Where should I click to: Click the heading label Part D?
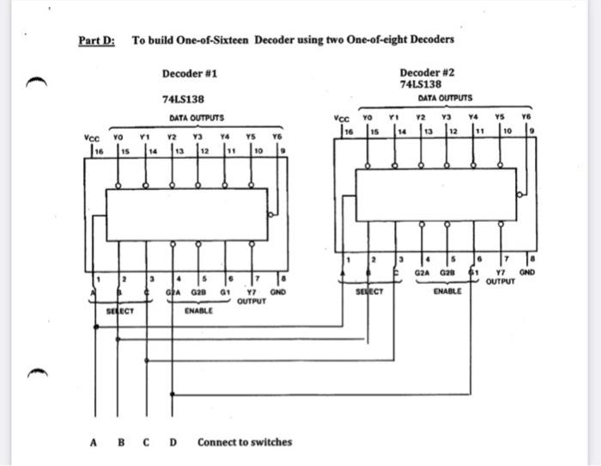[x=96, y=40]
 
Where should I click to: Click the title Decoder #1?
[x=189, y=74]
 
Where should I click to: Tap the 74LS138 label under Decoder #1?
[x=183, y=100]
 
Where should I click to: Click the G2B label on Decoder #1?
[x=199, y=292]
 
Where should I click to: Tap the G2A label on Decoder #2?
[x=422, y=273]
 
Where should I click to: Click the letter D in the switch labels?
[x=173, y=443]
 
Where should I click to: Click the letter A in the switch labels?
[x=93, y=443]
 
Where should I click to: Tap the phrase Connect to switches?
[x=245, y=443]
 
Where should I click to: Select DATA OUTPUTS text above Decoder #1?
[x=196, y=118]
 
